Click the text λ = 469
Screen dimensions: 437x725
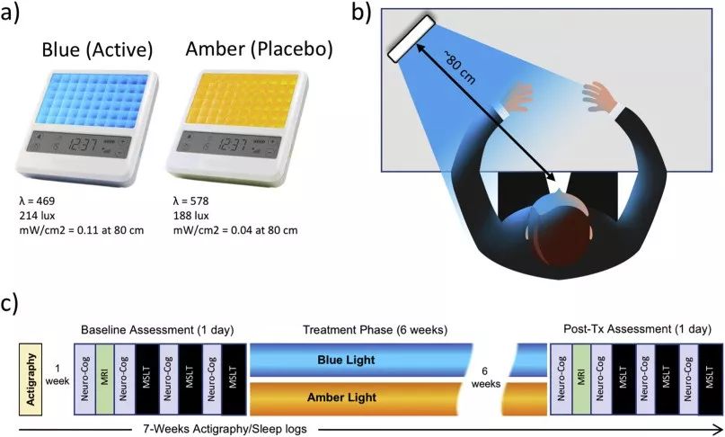41,200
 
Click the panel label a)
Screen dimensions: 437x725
17,16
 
